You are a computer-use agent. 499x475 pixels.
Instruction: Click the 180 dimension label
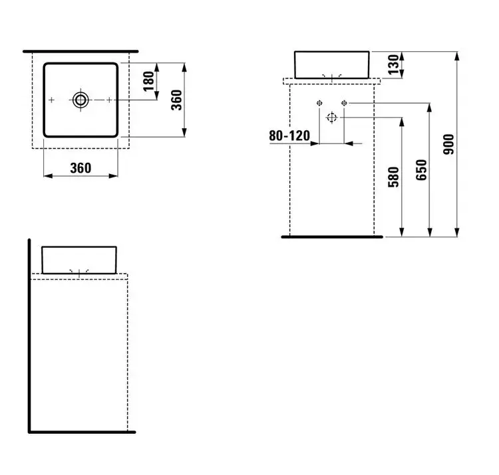click(x=148, y=81)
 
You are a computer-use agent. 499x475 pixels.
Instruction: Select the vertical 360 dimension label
click(x=176, y=100)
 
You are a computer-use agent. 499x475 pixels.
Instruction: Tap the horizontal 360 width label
click(x=81, y=168)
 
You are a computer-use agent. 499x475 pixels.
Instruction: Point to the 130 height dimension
click(x=394, y=64)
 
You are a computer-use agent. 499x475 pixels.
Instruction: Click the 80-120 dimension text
click(x=289, y=136)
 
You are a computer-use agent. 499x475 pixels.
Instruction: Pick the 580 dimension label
click(x=394, y=177)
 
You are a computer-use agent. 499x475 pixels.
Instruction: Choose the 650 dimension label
click(x=421, y=170)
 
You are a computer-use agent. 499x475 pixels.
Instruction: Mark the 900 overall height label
click(x=448, y=145)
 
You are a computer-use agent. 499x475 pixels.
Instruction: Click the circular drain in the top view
click(x=81, y=100)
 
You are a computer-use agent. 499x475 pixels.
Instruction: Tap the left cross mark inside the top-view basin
click(x=51, y=100)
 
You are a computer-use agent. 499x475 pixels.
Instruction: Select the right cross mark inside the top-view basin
click(x=109, y=100)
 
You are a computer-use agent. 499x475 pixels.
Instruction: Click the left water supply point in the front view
click(x=319, y=102)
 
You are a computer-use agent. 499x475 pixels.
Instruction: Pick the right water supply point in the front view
click(x=344, y=102)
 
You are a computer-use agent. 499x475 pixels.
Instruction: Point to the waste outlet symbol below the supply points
click(x=331, y=118)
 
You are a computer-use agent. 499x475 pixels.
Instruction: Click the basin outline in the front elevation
click(x=332, y=51)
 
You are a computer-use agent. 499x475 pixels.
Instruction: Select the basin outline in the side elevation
click(x=79, y=246)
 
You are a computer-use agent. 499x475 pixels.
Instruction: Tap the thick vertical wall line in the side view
click(x=29, y=320)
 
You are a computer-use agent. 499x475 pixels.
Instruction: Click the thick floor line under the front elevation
click(x=332, y=237)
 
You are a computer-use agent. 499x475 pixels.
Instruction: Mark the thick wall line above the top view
click(x=81, y=51)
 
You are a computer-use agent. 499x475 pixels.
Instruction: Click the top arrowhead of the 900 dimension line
click(x=457, y=56)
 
